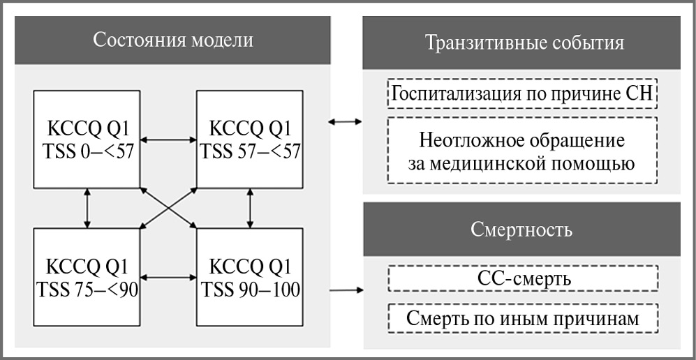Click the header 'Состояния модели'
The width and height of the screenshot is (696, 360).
(x=173, y=39)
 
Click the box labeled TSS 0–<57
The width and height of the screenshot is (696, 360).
(x=87, y=139)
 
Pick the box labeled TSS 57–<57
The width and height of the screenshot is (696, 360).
(x=249, y=139)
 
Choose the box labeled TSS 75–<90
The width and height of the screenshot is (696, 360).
(x=87, y=277)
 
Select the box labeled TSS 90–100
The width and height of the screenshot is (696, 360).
(x=249, y=277)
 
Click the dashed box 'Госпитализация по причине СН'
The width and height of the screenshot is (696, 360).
(x=522, y=94)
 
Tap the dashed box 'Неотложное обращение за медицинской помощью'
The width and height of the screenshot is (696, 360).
(x=522, y=151)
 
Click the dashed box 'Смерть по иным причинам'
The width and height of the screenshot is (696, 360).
(x=522, y=319)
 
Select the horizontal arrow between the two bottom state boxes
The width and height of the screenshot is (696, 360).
(x=168, y=278)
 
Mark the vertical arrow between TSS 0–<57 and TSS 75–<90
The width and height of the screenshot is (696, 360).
(x=87, y=208)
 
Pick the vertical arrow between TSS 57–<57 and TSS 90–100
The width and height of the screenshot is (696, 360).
(x=250, y=208)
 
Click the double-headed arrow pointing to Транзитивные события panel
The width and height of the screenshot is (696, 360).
(x=344, y=123)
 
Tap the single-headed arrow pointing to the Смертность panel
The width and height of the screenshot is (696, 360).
(x=346, y=290)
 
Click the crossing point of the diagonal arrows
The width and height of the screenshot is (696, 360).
(x=168, y=208)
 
